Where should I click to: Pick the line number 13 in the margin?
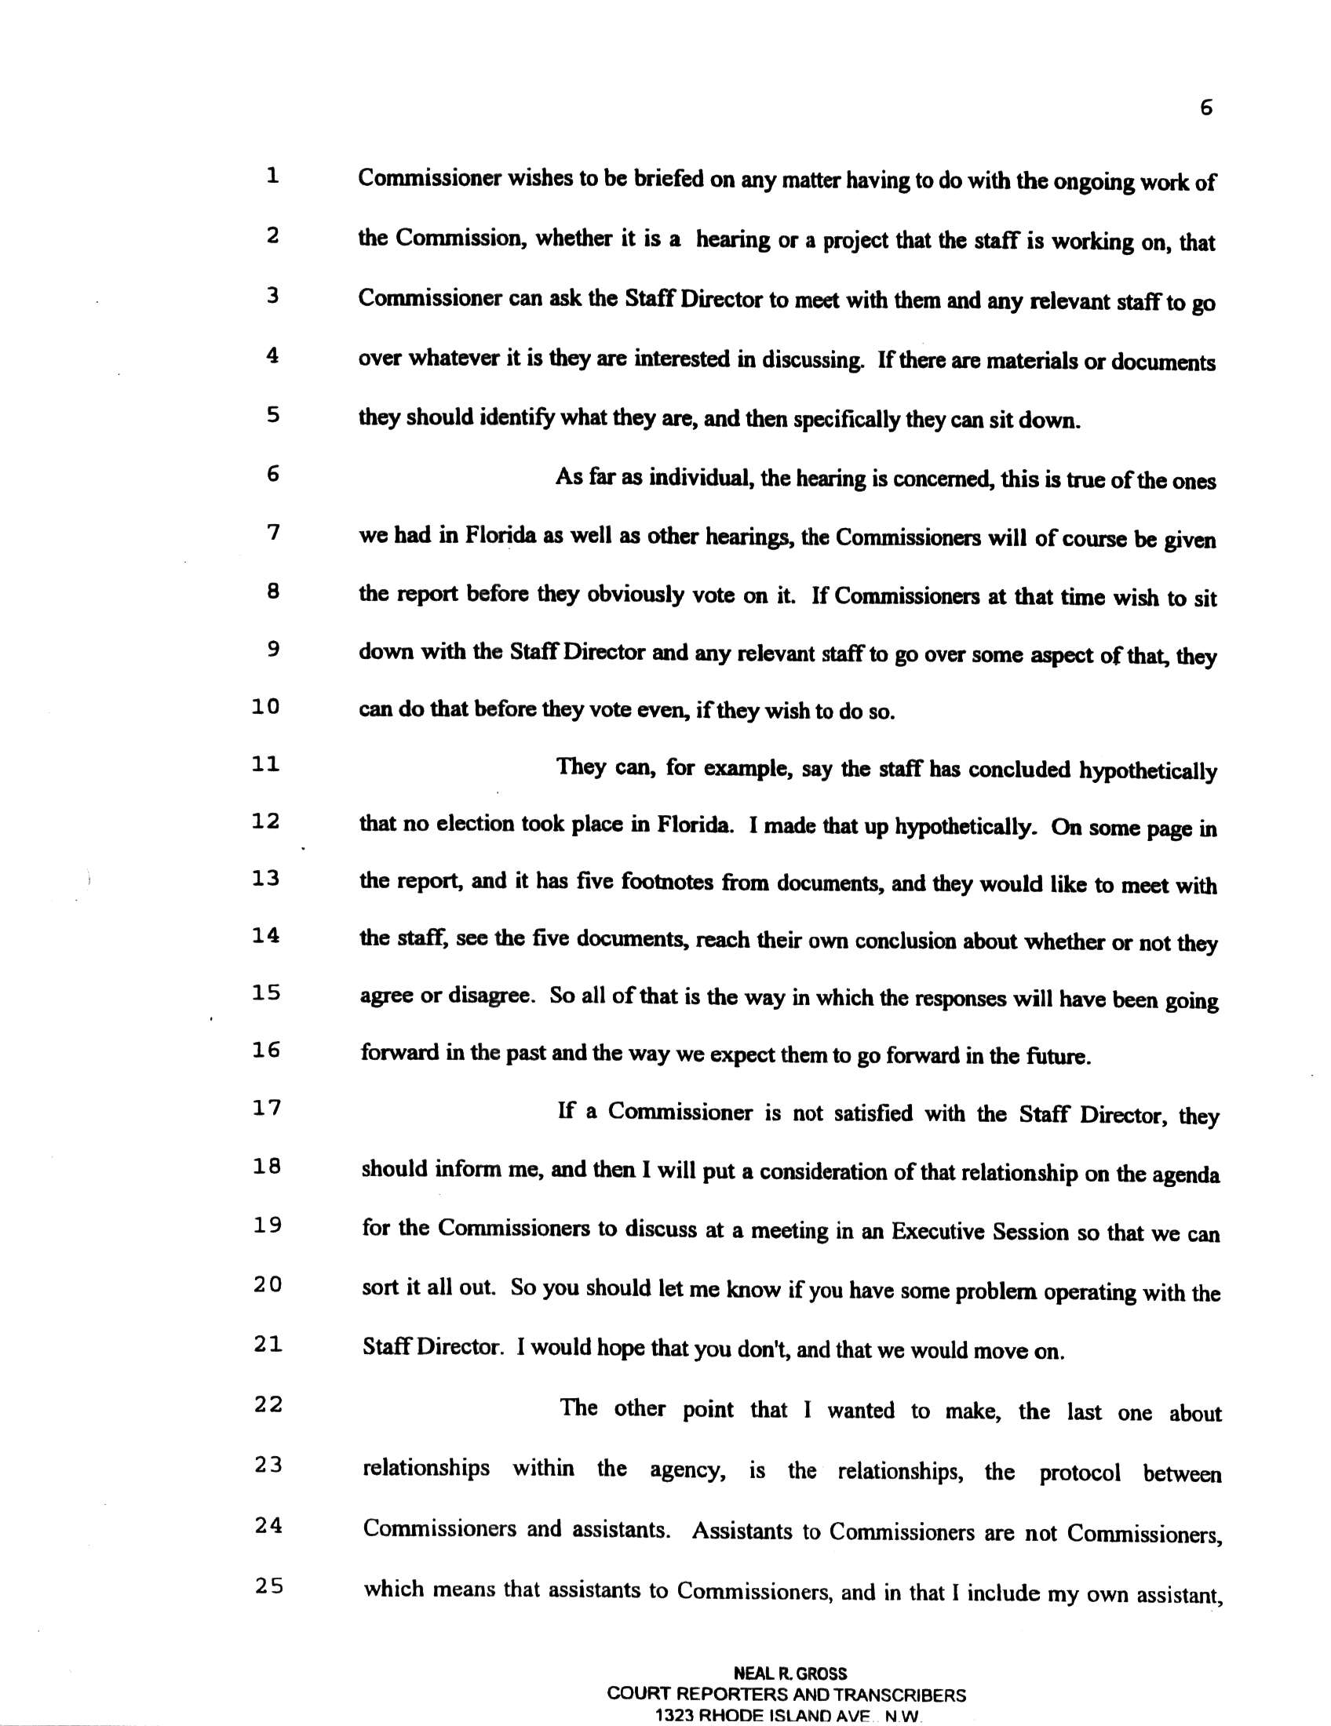pos(266,878)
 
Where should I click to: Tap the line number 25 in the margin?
pos(268,1587)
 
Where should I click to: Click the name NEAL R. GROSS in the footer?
pos(789,1673)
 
